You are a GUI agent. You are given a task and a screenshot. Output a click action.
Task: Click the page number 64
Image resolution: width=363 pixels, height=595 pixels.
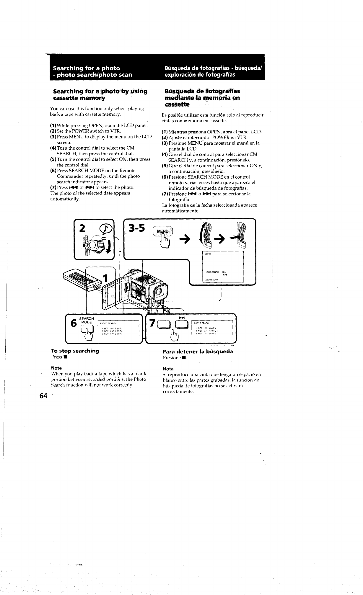click(43, 396)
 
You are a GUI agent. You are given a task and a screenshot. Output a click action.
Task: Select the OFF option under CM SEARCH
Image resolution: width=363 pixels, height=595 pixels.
click(225, 275)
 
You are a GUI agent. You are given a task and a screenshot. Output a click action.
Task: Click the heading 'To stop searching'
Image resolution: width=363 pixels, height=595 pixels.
click(75, 351)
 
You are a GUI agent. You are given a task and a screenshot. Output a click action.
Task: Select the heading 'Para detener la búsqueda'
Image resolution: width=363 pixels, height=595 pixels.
click(198, 352)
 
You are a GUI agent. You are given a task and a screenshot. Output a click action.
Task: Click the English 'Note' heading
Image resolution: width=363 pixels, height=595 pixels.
click(56, 368)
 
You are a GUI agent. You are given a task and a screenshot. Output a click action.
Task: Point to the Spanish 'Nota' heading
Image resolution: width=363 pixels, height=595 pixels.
click(168, 369)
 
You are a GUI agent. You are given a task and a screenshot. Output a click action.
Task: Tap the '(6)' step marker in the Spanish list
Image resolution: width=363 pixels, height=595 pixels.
click(165, 177)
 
